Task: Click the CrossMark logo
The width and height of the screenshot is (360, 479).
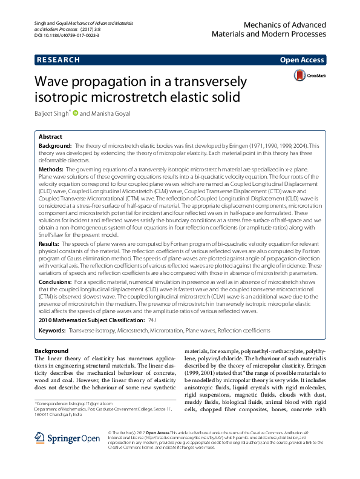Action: [x=309, y=76]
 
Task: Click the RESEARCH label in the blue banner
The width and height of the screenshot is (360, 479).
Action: [x=58, y=60]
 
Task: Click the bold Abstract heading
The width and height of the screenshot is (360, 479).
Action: [x=50, y=137]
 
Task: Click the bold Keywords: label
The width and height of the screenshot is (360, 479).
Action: [x=52, y=331]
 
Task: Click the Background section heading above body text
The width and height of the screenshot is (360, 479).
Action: [x=51, y=351]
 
